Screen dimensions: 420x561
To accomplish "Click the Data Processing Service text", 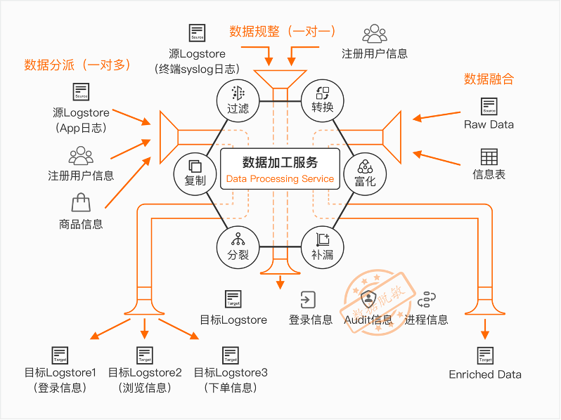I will point(280,179).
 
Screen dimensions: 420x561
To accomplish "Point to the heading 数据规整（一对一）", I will point(283,32).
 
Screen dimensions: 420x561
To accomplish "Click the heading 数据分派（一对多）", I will point(77,65).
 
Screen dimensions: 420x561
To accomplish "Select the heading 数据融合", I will point(489,79).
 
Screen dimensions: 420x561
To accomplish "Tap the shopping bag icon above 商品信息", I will point(81,203).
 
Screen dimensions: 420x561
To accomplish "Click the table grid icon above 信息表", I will point(489,157).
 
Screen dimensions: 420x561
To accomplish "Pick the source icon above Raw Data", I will point(489,107).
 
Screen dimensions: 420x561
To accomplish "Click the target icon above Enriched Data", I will point(485,355).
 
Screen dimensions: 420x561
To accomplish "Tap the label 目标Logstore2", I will point(145,372).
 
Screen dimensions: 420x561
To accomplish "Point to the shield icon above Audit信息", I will point(368,298).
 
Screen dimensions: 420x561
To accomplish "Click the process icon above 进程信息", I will point(426,300).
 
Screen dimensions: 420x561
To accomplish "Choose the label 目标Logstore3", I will point(231,372).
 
